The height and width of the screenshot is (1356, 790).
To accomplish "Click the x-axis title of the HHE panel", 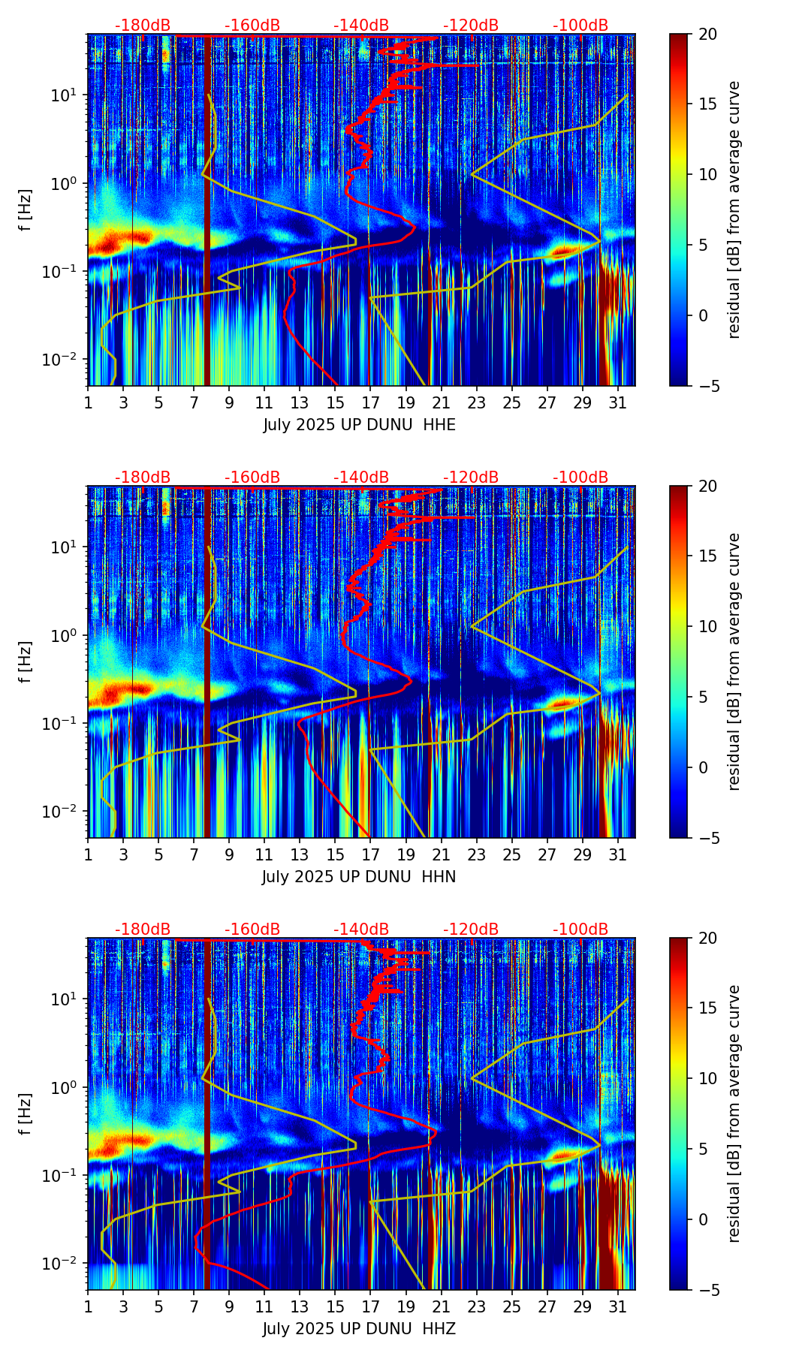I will (x=359, y=425).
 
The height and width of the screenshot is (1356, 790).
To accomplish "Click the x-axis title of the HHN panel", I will (x=359, y=877).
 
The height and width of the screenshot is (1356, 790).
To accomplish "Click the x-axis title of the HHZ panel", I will (x=359, y=1329).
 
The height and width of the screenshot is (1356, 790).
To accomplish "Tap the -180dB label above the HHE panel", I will (x=143, y=26).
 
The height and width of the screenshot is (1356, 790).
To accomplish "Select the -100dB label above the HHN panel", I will (x=580, y=478).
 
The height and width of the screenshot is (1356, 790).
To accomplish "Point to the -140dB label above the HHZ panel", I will (x=361, y=930).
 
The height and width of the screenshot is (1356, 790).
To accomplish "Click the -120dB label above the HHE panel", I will (x=471, y=26).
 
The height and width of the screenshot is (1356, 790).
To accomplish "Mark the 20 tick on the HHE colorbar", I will (x=707, y=35).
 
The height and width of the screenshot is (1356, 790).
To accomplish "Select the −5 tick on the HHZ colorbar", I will (x=710, y=1290).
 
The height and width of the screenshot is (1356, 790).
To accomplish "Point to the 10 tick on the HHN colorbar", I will (x=707, y=626).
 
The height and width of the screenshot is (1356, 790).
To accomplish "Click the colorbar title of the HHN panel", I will (x=734, y=661).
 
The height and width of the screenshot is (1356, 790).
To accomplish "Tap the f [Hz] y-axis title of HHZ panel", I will (x=26, y=1113).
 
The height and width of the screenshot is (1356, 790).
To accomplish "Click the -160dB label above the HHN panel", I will (x=252, y=478).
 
